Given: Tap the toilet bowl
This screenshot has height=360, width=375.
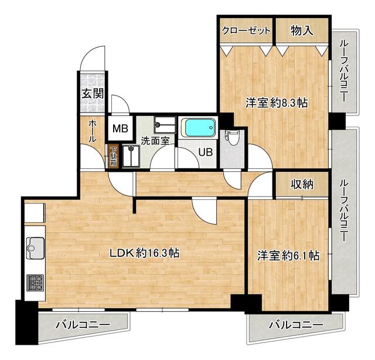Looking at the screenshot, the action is [x=232, y=138].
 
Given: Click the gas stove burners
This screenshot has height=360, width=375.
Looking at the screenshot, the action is [x=35, y=283].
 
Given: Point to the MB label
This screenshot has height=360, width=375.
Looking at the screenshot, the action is [x=120, y=129].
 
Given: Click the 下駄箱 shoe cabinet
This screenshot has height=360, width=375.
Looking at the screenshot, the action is [x=113, y=156].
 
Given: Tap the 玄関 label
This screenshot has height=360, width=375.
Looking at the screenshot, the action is [x=93, y=94].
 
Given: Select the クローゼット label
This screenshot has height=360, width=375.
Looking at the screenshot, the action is [x=246, y=30].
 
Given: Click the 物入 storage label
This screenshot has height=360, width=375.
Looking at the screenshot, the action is [x=302, y=30].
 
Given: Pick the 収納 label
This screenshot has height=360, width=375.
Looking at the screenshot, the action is [x=302, y=184].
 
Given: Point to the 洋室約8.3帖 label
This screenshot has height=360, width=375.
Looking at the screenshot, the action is [x=277, y=103].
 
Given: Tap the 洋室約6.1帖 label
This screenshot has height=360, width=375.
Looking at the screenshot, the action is [x=288, y=256].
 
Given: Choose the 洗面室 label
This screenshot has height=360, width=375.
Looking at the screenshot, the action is [x=155, y=141].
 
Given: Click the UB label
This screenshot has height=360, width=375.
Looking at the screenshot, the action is [x=206, y=152].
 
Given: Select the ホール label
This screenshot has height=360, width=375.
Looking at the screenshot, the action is [x=93, y=131].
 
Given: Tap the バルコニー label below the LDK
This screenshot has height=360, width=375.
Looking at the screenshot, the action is [x=83, y=325].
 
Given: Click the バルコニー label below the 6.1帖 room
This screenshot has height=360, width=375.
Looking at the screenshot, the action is [x=296, y=325].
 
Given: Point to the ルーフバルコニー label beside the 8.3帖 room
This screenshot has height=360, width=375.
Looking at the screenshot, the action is [x=343, y=71].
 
